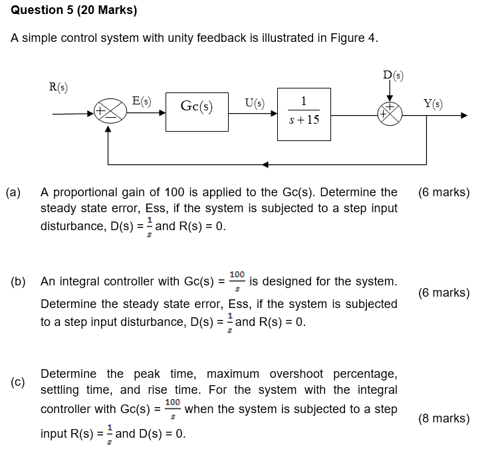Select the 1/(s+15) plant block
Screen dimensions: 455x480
[303, 112]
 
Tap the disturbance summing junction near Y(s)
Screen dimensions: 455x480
[390, 114]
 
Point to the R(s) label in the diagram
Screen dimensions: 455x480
[59, 86]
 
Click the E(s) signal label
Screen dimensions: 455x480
[141, 101]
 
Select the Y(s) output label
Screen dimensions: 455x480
[433, 103]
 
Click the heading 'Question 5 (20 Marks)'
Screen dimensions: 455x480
[74, 11]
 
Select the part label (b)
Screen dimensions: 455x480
[18, 281]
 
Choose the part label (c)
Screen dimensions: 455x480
[18, 382]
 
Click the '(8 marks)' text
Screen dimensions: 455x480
[443, 418]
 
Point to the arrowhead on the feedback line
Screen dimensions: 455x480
[265, 164]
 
